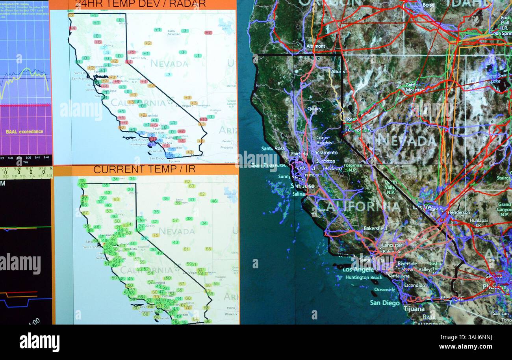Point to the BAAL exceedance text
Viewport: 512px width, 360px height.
[x=24, y=132]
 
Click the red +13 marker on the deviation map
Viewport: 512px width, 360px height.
[x=203, y=119]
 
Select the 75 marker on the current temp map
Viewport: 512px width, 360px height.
[x=156, y=235]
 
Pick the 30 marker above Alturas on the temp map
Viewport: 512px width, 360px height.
[x=130, y=189]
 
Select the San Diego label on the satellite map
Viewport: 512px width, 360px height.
[x=385, y=303]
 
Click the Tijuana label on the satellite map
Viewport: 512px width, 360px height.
[x=414, y=309]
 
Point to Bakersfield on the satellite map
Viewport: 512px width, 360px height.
[x=375, y=228]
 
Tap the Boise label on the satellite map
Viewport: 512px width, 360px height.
[x=429, y=5]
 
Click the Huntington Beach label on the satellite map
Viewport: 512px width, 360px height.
[x=364, y=277]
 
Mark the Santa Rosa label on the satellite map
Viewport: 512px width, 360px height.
[x=271, y=148]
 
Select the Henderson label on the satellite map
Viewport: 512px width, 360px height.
[x=459, y=212]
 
